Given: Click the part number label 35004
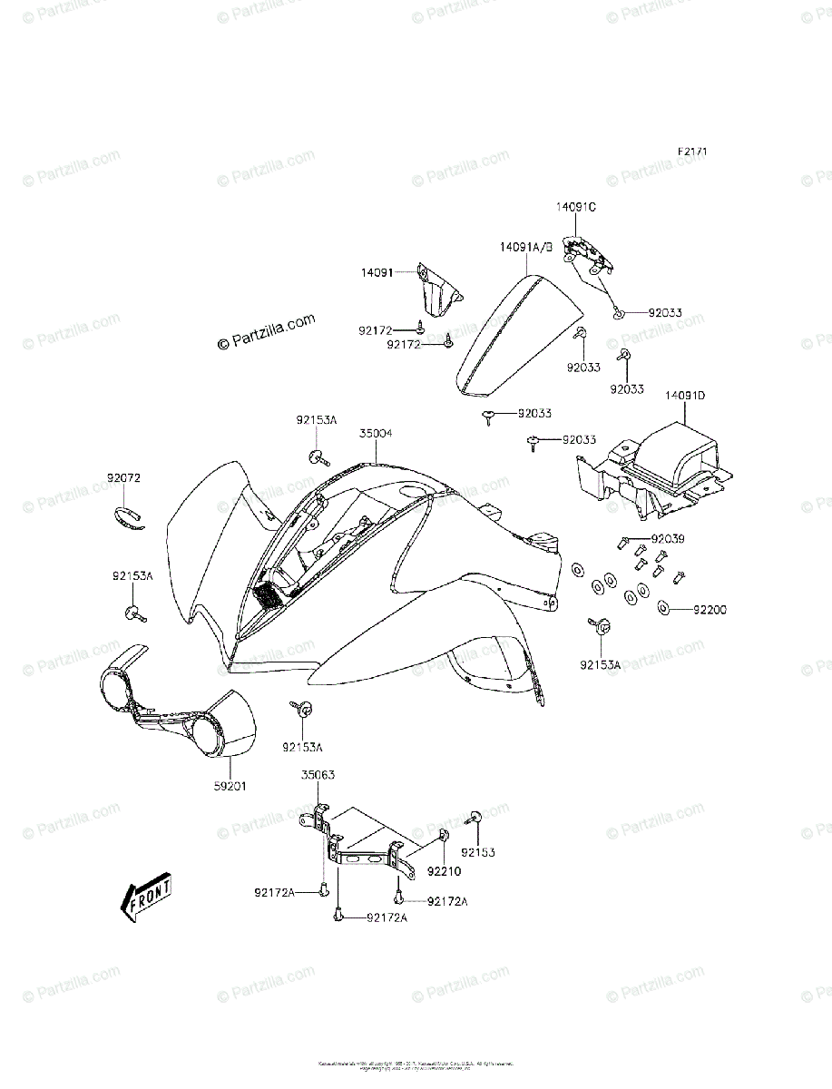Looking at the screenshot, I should click(375, 434).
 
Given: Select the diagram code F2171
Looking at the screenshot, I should click(690, 152).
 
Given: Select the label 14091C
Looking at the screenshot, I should click(576, 207).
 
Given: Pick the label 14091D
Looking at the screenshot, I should click(685, 396).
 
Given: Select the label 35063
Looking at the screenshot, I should click(318, 776).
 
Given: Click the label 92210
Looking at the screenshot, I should click(445, 870).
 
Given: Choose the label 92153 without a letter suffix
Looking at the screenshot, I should click(478, 853).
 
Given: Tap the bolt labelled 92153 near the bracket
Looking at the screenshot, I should click(476, 817).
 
